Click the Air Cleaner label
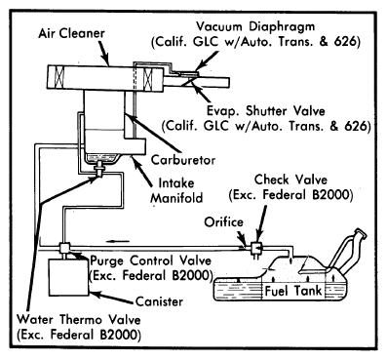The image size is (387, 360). coord(71,33)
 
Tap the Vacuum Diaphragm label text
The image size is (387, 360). coord(255,26)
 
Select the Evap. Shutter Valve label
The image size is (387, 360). coord(266,111)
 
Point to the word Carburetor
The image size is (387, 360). coord(183,160)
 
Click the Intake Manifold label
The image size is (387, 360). coord(176,190)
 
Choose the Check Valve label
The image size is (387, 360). coord(290,180)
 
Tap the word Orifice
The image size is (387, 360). coord(223,222)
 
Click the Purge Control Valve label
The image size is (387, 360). coord(150,260)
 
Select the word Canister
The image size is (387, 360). coord(159,301)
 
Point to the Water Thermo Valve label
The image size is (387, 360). coord(79,319)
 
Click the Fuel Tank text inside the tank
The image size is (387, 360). coord(293,291)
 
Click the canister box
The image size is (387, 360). coord(68,277)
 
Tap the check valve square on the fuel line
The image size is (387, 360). coord(256,248)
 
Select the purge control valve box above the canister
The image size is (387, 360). coord(64,249)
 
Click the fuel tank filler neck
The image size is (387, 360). coord(348,252)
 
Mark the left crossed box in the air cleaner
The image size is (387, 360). coord(59,77)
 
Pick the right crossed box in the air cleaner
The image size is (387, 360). coord(148,79)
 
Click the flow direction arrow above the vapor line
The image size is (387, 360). coord(117,241)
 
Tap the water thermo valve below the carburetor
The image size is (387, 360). coord(98,170)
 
